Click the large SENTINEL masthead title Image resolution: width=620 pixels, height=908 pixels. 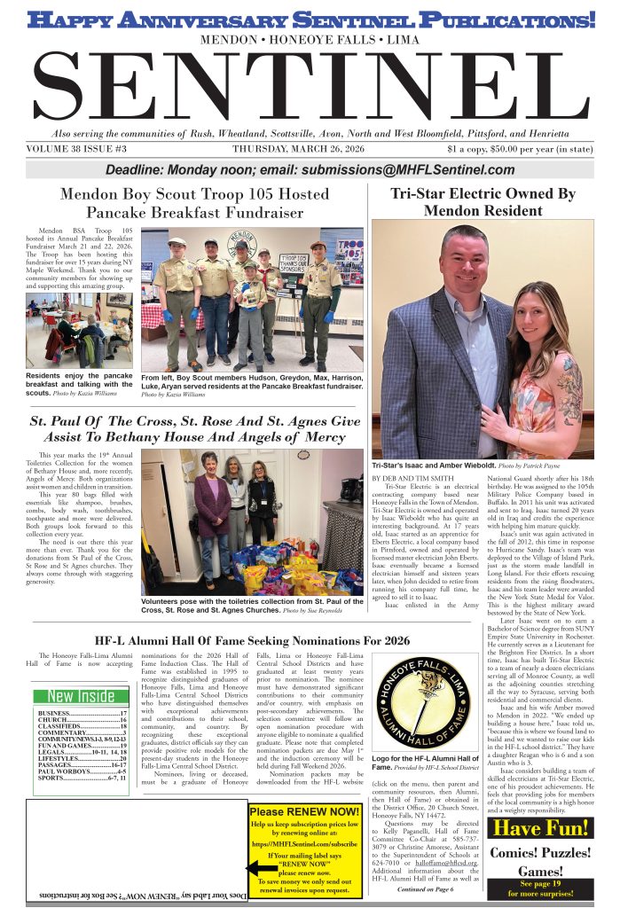pos(310,87)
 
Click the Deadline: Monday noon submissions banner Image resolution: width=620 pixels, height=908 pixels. pos(310,170)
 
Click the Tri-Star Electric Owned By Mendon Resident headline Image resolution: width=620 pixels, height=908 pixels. pos(483,202)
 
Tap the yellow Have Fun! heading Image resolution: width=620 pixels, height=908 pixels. pos(541,828)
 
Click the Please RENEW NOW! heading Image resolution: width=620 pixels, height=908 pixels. pos(304,810)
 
